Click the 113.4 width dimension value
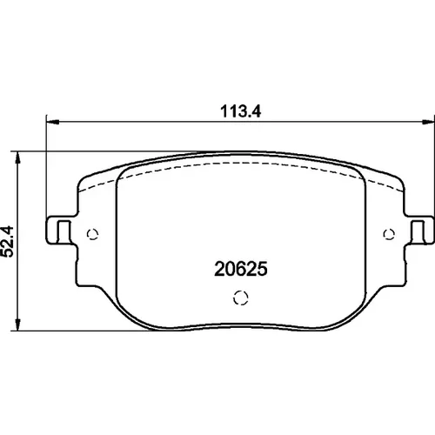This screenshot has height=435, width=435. click(241, 111)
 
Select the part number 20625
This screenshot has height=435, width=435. click(241, 269)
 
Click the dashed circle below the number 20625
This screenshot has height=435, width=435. click(241, 298)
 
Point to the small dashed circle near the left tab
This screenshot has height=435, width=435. click(93, 234)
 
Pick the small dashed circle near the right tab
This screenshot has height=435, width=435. click(389, 234)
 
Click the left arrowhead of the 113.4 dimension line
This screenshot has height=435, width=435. click(53, 122)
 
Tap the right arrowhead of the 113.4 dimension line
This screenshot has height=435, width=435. click(428, 122)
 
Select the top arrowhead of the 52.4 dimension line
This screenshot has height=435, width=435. click(18, 157)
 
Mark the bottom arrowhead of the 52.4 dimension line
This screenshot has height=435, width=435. click(18, 324)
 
